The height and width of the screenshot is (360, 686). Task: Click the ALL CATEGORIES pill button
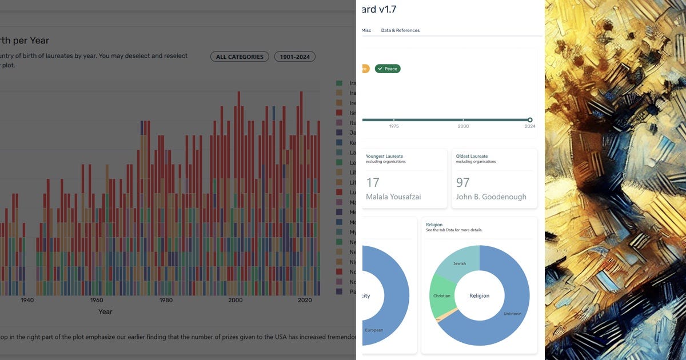[240, 57]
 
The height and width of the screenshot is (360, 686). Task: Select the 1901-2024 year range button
[294, 57]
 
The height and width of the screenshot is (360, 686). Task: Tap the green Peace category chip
[388, 69]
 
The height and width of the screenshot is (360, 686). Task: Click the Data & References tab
[400, 30]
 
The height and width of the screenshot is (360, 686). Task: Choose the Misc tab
[366, 30]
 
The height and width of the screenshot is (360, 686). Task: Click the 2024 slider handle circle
[530, 119]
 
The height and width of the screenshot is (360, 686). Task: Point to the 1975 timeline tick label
[394, 126]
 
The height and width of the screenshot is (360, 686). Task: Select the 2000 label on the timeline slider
[463, 126]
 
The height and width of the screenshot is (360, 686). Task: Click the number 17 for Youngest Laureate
[373, 182]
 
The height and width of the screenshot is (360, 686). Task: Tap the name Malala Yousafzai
[393, 197]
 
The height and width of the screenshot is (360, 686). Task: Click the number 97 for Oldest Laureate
[463, 182]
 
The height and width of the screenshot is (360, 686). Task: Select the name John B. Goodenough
[489, 197]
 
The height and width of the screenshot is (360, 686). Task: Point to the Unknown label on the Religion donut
[512, 314]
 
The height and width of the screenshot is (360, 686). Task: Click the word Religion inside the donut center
[480, 295]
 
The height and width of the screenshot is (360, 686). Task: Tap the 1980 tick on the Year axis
[166, 300]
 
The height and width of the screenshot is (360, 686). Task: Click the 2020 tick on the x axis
[305, 300]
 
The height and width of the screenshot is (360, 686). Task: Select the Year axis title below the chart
[105, 312]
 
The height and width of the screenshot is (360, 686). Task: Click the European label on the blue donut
[374, 330]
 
